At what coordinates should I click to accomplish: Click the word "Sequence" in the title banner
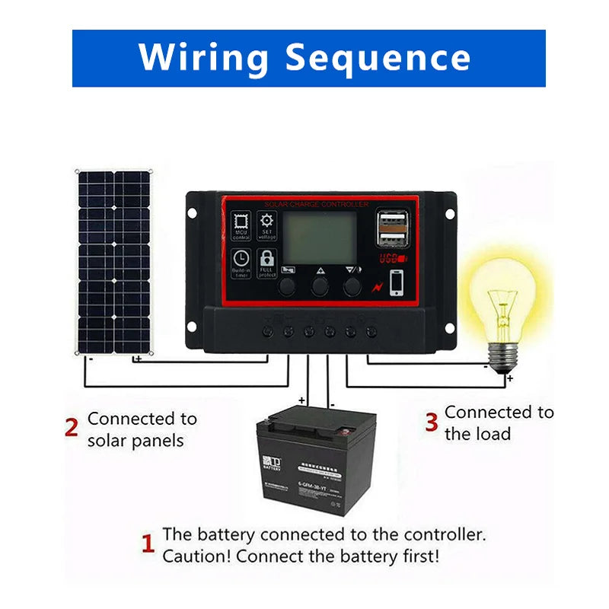(x=378, y=59)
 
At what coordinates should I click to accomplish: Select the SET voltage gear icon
(x=267, y=226)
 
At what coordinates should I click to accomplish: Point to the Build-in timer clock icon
(x=241, y=263)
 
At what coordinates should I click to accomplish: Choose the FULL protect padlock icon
(x=267, y=263)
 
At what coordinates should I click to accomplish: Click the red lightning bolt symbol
(x=377, y=287)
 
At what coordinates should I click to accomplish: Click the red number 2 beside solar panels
(x=72, y=429)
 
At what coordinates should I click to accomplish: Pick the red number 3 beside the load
(x=431, y=422)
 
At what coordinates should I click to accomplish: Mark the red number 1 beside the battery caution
(x=148, y=544)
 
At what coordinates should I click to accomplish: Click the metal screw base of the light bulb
(x=502, y=355)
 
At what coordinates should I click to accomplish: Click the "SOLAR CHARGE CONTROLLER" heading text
(x=317, y=204)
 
